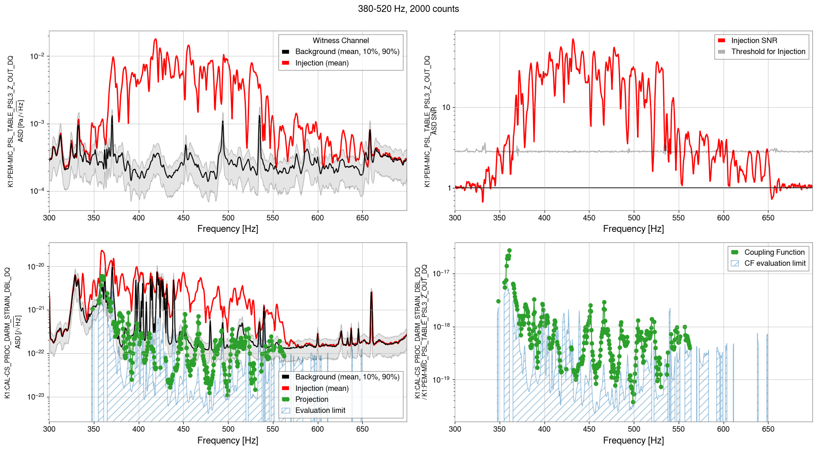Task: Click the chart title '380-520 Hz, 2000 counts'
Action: [408, 9]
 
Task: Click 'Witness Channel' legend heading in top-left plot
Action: [340, 41]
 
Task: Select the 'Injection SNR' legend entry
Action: [754, 41]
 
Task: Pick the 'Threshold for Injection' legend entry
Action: [768, 52]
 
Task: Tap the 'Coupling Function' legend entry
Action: [774, 252]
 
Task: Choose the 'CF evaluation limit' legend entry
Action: [774, 263]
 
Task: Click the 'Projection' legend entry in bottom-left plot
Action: [311, 400]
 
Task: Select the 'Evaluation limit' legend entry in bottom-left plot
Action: [320, 411]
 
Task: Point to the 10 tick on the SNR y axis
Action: [446, 108]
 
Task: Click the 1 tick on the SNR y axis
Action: [449, 188]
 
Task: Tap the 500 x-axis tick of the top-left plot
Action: [228, 218]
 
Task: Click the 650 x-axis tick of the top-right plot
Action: [768, 218]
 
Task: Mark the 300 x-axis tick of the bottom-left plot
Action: [49, 429]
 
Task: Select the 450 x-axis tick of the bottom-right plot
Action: [589, 429]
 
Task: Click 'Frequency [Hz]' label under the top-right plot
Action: [633, 229]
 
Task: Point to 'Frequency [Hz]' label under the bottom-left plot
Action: [228, 440]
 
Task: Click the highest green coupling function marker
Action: [509, 251]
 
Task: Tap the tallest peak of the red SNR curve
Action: [573, 39]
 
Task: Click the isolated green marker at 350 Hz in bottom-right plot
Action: [498, 301]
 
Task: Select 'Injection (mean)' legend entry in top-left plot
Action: [321, 63]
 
